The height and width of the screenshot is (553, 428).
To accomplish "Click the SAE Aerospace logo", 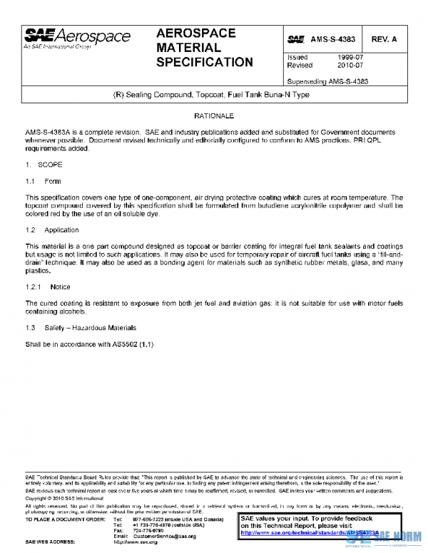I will [x=77, y=38].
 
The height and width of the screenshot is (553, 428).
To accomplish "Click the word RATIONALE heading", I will [x=214, y=115].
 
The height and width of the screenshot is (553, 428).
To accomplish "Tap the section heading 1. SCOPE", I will [x=44, y=165].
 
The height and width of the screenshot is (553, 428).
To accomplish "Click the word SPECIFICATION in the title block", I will [x=204, y=62].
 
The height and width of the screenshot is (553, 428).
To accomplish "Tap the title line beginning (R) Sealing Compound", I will [x=213, y=95].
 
